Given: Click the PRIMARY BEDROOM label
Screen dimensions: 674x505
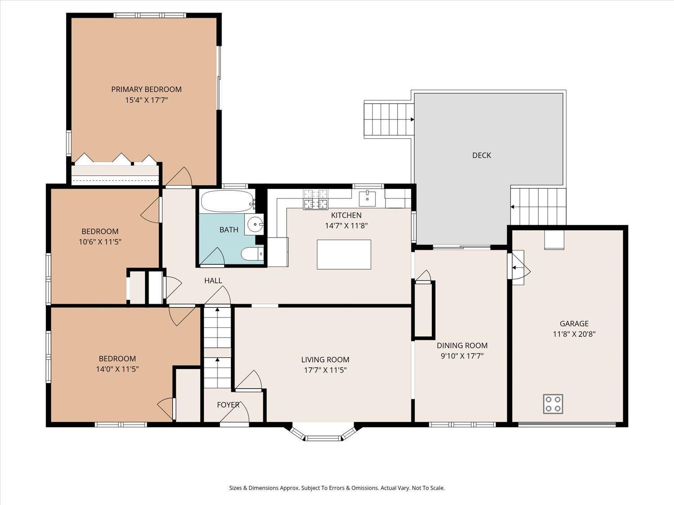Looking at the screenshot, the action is pos(146,89).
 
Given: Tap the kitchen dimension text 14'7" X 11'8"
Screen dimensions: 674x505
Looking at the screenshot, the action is pos(346,226).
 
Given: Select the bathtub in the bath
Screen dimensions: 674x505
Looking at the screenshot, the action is pos(228,201).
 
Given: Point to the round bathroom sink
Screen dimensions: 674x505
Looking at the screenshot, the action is pos(254,224).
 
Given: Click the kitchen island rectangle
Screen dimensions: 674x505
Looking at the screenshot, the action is pos(344,255).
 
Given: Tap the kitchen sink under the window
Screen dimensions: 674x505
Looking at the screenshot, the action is pos(367,198).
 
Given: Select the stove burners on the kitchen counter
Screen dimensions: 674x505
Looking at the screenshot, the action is pos(315,200).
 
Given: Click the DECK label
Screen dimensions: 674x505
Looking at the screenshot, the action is pos(482,155).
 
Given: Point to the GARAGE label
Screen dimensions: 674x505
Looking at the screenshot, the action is pos(574,324).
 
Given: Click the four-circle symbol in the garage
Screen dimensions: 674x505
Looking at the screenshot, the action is pos(553,404).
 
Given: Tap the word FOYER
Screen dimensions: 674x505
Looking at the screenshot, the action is pos(228,405).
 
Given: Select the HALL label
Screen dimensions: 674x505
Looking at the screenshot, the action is pos(213,281).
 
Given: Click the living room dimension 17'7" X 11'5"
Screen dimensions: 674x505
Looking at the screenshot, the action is pos(325,370).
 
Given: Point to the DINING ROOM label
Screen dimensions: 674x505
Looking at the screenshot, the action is pos(462,346).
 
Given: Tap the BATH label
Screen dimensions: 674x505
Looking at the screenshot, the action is pos(229,230).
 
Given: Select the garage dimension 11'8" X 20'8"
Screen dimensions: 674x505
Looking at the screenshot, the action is pos(574,334).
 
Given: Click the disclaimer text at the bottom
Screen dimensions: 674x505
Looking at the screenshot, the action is pos(337,488).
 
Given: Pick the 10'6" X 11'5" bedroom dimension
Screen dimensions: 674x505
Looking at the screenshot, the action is pos(100,242).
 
